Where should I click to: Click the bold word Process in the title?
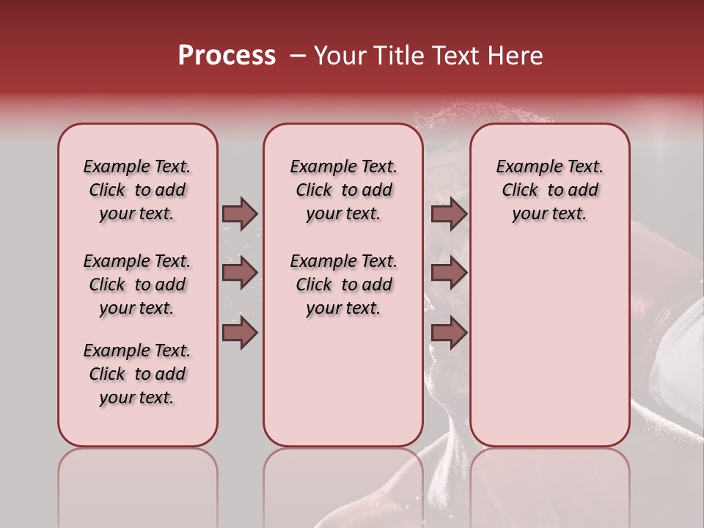(227, 56)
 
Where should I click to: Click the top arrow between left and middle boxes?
(240, 213)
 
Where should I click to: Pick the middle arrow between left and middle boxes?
(240, 273)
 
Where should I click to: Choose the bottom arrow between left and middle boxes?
(240, 333)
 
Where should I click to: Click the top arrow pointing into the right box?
(449, 213)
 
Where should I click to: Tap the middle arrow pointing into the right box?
(449, 273)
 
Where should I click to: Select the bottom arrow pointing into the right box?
(449, 333)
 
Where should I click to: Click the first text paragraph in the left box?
(137, 190)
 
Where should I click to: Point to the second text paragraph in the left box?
(137, 285)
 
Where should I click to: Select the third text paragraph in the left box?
(137, 374)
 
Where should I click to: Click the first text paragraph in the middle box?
(343, 190)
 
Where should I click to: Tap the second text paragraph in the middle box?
(343, 285)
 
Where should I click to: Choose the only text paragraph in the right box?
(549, 190)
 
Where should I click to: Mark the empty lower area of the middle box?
(343, 381)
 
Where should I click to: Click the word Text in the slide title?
(453, 56)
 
